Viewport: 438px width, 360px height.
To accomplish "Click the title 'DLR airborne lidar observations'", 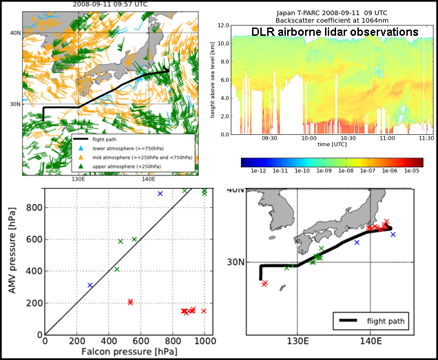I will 335,32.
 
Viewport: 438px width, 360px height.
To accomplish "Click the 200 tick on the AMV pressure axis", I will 34,303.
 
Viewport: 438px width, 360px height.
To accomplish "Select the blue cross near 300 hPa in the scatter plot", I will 90,285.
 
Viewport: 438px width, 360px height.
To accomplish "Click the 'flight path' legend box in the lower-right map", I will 371,320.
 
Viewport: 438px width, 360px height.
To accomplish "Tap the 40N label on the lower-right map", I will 236,190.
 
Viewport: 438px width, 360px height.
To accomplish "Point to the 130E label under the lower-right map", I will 297,340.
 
